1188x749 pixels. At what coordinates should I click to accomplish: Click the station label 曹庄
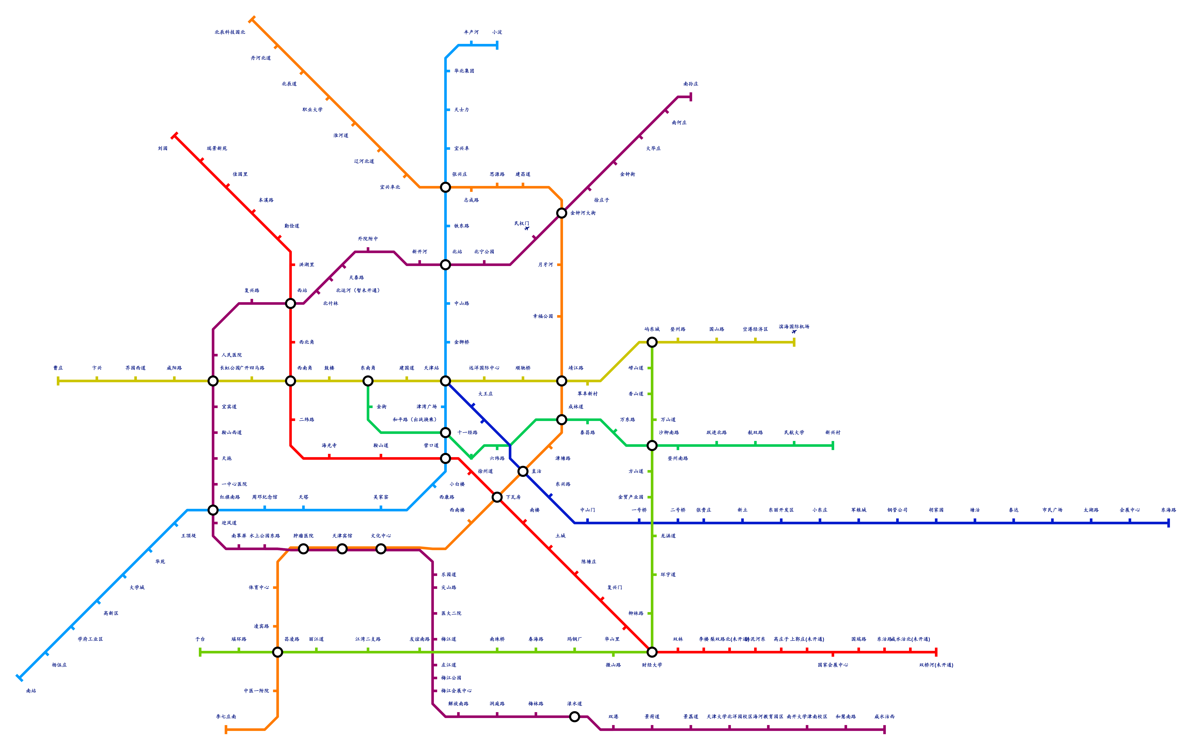click(58, 368)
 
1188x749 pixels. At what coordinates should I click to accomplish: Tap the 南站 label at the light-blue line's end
click(31, 691)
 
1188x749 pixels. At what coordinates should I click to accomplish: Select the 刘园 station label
click(163, 149)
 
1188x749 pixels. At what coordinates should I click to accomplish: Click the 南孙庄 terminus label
click(691, 84)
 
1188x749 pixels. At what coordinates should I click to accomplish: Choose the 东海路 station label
click(1168, 510)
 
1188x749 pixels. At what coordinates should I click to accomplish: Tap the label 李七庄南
click(226, 716)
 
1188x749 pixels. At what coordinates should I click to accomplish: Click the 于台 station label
click(200, 639)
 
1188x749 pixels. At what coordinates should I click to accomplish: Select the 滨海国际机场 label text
click(794, 327)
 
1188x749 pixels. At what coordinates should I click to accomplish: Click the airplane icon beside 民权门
click(527, 228)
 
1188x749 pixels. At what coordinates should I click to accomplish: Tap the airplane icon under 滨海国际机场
click(794, 332)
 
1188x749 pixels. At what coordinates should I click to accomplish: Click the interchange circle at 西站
click(291, 303)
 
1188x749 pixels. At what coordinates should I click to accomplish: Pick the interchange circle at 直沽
click(523, 471)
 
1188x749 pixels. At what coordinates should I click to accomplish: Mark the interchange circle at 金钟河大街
click(561, 213)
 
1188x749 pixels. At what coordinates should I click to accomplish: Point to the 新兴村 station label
click(833, 433)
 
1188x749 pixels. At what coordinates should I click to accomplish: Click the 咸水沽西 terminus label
click(884, 716)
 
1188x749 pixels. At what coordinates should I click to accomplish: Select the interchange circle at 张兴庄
click(445, 187)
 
